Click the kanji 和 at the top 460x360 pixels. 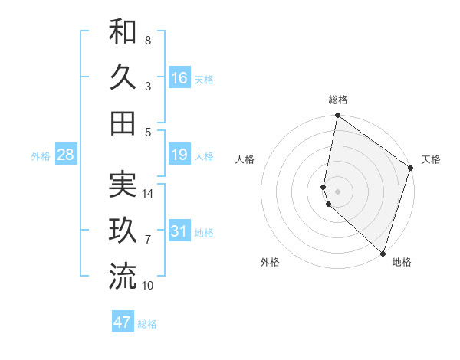[x=123, y=32]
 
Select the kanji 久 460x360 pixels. [x=123, y=77]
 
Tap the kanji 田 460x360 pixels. [x=123, y=123]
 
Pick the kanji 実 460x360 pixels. [x=123, y=185]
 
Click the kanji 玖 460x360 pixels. [x=123, y=231]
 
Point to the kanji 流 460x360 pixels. [x=123, y=276]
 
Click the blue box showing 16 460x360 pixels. [x=179, y=78]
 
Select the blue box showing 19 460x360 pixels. [x=179, y=155]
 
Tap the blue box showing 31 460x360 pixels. [x=179, y=231]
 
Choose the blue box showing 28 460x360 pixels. [x=65, y=155]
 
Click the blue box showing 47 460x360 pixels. [x=123, y=322]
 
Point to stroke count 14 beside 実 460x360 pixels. [x=148, y=194]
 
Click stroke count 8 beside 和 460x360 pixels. [x=147, y=40]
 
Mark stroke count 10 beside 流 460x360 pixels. [x=148, y=286]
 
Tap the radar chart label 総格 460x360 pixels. [x=338, y=100]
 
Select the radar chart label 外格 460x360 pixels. [x=270, y=262]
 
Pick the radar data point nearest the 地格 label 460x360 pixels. [x=383, y=253]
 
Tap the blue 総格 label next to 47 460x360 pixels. [x=147, y=324]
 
